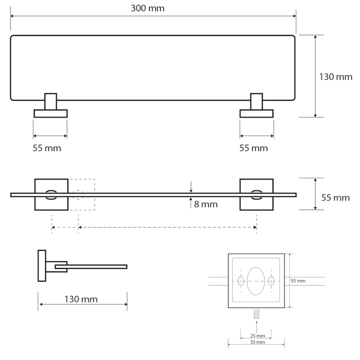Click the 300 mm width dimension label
148,8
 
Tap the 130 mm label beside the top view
336,77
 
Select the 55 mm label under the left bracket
47,148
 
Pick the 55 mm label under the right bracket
254,148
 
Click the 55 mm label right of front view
335,198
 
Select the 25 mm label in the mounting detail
256,335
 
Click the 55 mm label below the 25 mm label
256,342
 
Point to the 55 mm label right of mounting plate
298,281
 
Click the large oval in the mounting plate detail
256,281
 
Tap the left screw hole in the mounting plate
240,281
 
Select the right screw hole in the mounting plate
272,281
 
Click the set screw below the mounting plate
256,314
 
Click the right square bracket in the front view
256,195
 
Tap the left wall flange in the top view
50,114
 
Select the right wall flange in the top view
257,114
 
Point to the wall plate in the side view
42,266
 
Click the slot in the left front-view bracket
51,195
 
